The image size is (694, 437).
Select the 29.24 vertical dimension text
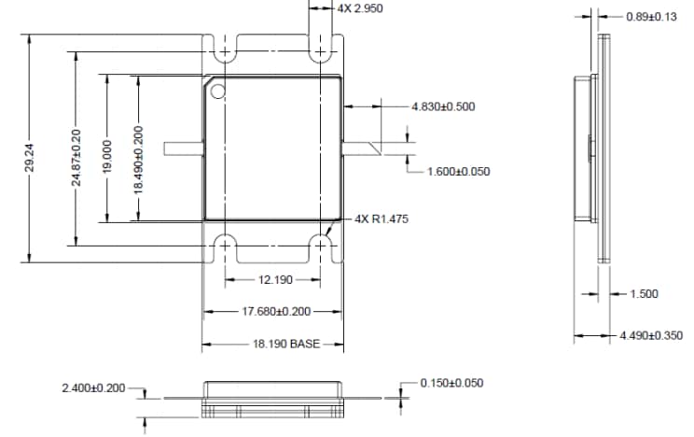(30, 157)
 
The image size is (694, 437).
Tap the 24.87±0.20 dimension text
(76, 158)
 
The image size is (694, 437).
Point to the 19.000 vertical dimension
(107, 157)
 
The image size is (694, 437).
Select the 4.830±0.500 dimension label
(443, 106)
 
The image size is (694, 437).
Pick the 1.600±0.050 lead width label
(458, 171)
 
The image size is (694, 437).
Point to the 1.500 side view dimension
(643, 293)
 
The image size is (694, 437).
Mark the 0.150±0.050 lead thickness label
(451, 383)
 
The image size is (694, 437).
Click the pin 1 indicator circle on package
(218, 91)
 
